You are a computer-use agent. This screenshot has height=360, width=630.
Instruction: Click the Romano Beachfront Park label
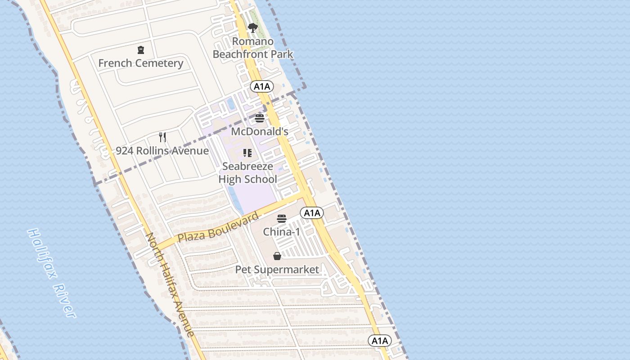coord(253,48)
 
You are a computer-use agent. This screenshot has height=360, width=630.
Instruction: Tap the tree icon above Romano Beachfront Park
coord(253,28)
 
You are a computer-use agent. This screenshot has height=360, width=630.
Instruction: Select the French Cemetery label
coord(140,63)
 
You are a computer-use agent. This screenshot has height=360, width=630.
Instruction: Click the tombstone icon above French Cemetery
coord(141,49)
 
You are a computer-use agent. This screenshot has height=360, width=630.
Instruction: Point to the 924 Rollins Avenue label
coord(162,151)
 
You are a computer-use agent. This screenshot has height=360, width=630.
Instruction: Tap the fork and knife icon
coord(162,137)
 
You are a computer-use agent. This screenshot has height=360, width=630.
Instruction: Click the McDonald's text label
coord(260,131)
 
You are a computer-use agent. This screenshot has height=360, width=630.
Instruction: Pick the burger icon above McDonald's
coord(260,118)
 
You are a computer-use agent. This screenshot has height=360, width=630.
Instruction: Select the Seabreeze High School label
coord(247,173)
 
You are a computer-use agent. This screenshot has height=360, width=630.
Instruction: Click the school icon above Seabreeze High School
coord(247,153)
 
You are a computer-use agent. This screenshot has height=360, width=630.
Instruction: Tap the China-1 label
coord(282,232)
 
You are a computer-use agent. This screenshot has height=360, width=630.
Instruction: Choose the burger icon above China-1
coord(282,219)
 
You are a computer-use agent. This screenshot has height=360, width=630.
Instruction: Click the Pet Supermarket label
coord(277,270)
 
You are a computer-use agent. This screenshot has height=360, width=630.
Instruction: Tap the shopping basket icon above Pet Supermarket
coord(277,256)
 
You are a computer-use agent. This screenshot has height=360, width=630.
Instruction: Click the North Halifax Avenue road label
coord(171,285)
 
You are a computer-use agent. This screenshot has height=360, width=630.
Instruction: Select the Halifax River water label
coord(51,273)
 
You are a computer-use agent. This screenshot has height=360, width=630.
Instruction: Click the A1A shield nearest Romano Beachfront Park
coord(262,86)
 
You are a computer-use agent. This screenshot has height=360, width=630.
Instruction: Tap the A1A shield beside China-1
coord(312,213)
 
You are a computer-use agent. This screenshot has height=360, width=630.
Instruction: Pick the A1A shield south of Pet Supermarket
coord(380,341)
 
